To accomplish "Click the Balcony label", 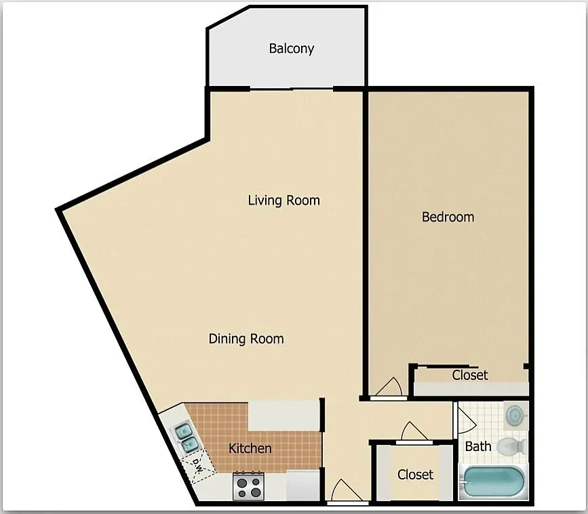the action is pyautogui.click(x=292, y=49).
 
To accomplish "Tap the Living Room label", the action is pyautogui.click(x=284, y=200).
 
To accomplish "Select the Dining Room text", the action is pyautogui.click(x=246, y=339).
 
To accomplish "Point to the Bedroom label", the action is pyautogui.click(x=448, y=217).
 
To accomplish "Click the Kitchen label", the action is pyautogui.click(x=250, y=448).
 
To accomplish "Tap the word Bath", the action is pyautogui.click(x=478, y=446).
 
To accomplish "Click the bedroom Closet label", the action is pyautogui.click(x=470, y=374).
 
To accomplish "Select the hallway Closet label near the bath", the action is pyautogui.click(x=415, y=475).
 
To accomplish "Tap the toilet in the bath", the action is pyautogui.click(x=511, y=446).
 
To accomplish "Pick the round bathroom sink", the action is pyautogui.click(x=515, y=415).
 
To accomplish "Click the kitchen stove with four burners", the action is pyautogui.click(x=248, y=486).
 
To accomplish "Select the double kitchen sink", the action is pyautogui.click(x=187, y=438).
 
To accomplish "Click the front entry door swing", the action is pyautogui.click(x=347, y=490).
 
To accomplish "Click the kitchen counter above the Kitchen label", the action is pyautogui.click(x=284, y=416).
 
